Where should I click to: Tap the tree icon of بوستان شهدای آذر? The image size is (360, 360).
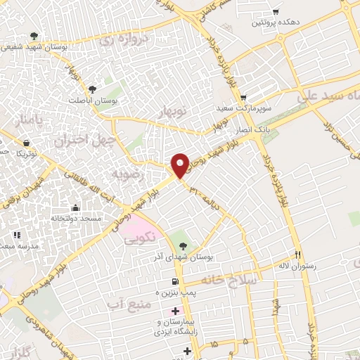183,246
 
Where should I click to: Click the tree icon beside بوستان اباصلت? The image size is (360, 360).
92,89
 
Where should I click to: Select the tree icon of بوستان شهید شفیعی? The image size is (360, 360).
34,37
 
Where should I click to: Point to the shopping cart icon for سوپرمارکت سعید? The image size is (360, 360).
243,98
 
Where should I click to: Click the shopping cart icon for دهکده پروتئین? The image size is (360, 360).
276,12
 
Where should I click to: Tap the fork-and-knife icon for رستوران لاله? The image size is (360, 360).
298,254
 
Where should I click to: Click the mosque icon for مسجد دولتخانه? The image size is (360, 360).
75,208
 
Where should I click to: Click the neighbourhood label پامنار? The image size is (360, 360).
30,121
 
